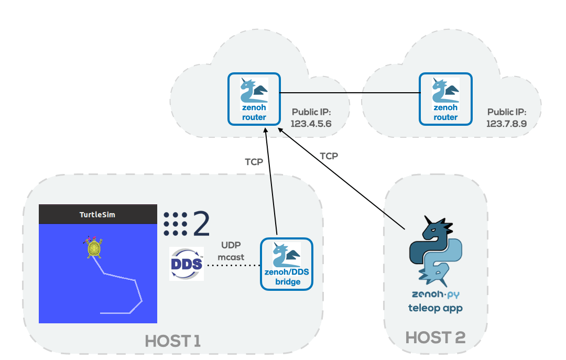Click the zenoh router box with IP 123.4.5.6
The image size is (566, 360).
tap(254, 99)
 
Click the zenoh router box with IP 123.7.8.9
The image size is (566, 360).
tap(445, 99)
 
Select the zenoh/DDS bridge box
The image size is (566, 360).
tap(287, 264)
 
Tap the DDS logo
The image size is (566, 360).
tap(187, 264)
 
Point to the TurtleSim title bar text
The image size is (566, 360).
tap(97, 215)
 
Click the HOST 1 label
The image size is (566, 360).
tap(173, 342)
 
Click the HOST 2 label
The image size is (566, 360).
tap(436, 337)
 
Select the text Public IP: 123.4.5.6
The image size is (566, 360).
tap(311, 118)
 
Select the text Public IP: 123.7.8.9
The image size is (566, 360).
tap(507, 118)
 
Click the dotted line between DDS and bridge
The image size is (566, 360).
tap(232, 266)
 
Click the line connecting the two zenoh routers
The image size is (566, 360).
tap(350, 93)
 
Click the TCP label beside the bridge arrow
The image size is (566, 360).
tap(254, 162)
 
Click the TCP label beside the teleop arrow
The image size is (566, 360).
tap(329, 156)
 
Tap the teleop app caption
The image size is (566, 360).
tap(436, 308)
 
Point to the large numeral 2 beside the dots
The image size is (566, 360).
tap(201, 224)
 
